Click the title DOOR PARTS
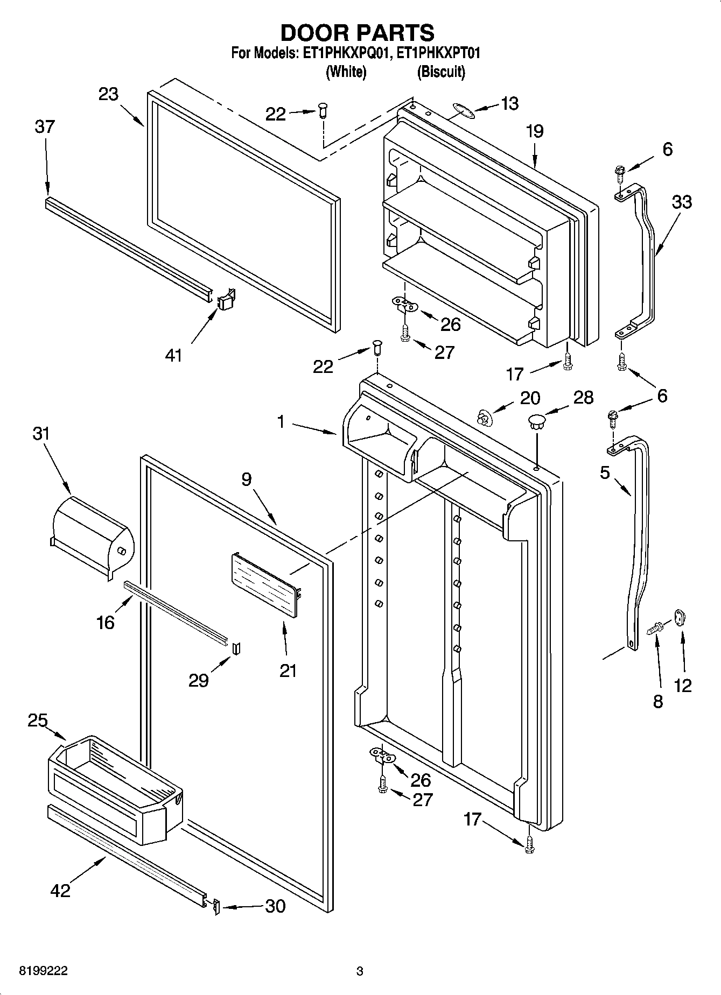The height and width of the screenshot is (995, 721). pyautogui.click(x=357, y=33)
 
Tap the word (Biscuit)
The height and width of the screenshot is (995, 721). pyautogui.click(x=440, y=72)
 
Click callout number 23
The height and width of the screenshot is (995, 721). pyautogui.click(x=108, y=94)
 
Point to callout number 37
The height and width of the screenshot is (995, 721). pyautogui.click(x=45, y=127)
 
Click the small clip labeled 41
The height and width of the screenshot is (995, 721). pyautogui.click(x=227, y=299)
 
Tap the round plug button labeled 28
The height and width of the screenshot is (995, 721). pyautogui.click(x=537, y=420)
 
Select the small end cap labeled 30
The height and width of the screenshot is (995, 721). pyautogui.click(x=216, y=907)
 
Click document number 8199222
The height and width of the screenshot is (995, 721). pyautogui.click(x=43, y=971)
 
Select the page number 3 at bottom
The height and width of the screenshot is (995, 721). pyautogui.click(x=360, y=971)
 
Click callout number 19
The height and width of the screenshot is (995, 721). pyautogui.click(x=535, y=131)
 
